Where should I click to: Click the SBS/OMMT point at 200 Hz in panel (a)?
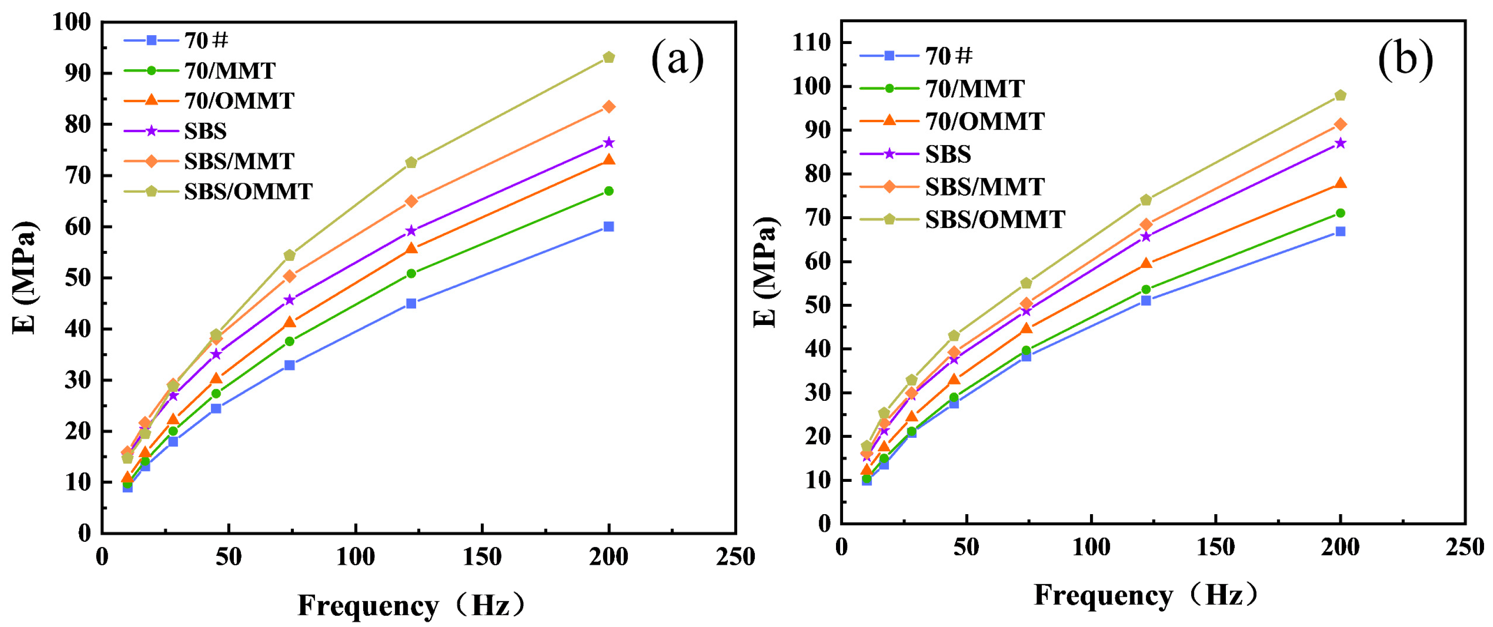(x=609, y=57)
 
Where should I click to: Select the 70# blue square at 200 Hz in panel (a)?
(x=609, y=226)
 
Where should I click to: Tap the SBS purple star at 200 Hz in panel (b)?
(x=1340, y=143)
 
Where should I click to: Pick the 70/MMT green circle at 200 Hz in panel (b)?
(x=1340, y=213)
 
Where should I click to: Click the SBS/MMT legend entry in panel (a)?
(x=239, y=161)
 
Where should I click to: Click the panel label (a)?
(x=677, y=59)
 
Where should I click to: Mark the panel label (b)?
(x=1405, y=59)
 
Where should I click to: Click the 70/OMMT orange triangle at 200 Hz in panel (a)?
(x=609, y=159)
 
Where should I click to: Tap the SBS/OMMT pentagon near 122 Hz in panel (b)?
(x=1146, y=200)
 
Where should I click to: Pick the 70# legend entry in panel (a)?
(x=206, y=41)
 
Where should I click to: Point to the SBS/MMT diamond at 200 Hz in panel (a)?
(x=609, y=106)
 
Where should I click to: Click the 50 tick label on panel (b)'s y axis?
(x=817, y=305)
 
